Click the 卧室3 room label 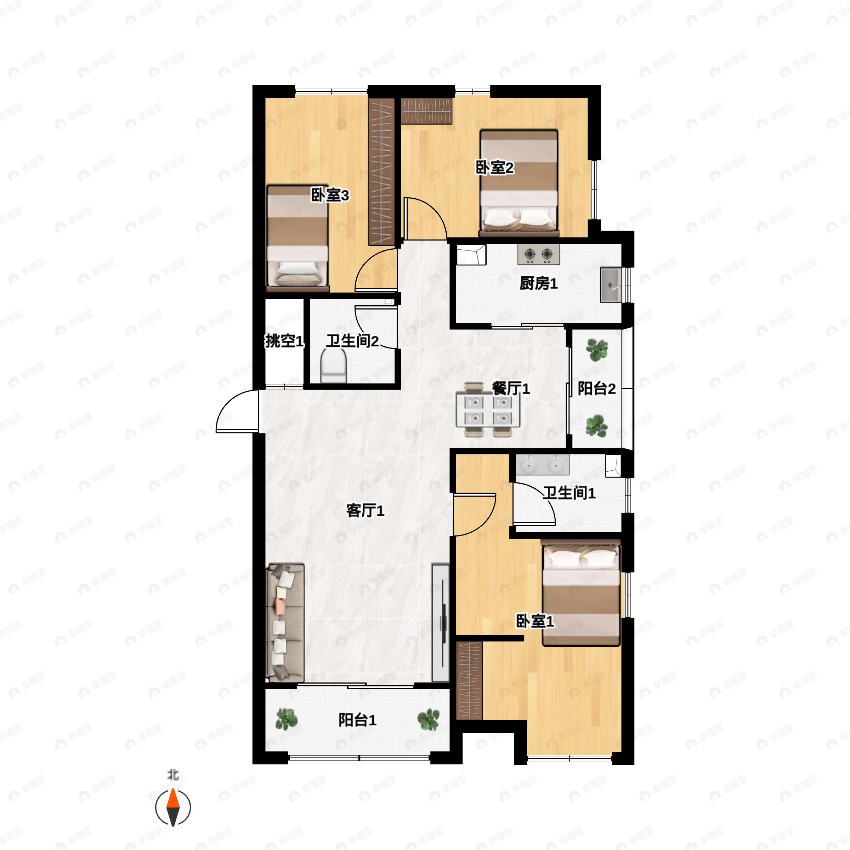click(330, 195)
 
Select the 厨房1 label click(538, 284)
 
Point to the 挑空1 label click(284, 341)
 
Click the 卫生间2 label click(352, 341)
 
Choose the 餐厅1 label click(511, 389)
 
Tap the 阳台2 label click(596, 389)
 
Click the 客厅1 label click(365, 511)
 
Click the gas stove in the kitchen click(538, 254)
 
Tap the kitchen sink click(611, 285)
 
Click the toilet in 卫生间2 click(334, 365)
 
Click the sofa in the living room click(285, 623)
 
